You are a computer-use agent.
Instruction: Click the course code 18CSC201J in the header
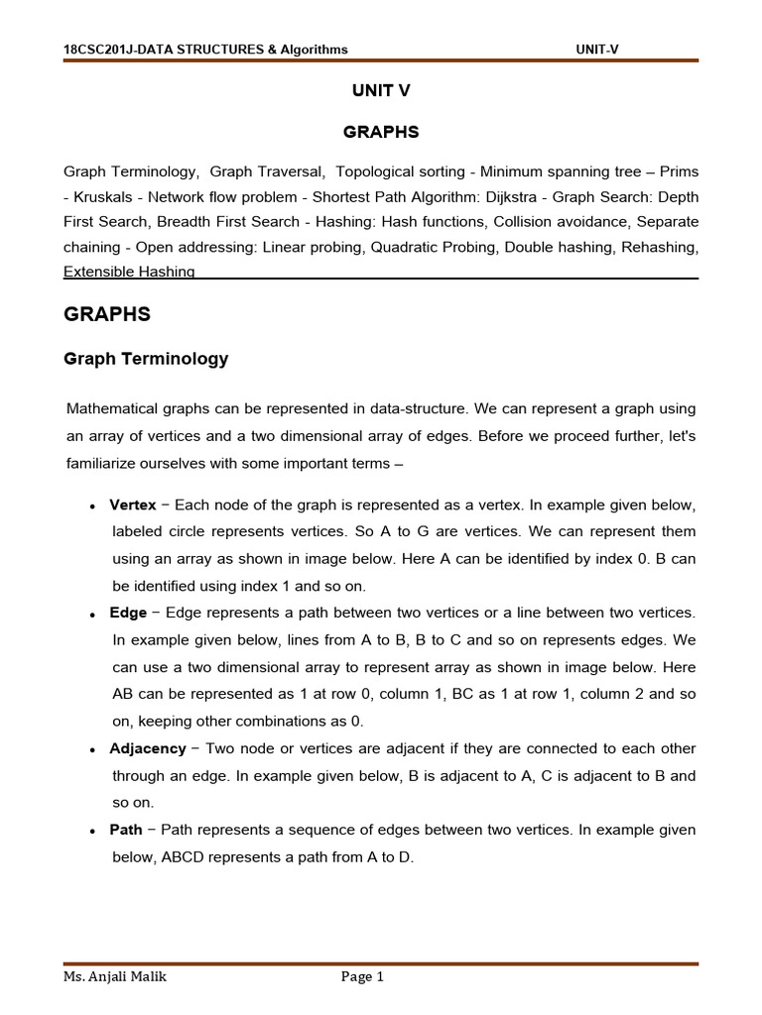97,50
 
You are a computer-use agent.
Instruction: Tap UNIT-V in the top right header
597,50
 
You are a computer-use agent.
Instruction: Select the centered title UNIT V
381,90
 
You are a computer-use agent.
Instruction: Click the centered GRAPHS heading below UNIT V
381,132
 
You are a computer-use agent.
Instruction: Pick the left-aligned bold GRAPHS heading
107,314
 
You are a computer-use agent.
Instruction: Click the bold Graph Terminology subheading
146,359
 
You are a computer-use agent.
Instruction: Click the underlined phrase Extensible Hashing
129,272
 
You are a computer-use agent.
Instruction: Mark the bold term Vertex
133,506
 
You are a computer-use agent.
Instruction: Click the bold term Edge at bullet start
128,614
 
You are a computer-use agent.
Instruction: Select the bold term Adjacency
147,748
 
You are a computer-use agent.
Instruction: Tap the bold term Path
126,830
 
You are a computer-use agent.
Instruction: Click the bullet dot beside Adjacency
91,749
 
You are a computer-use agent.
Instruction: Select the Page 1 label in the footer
362,977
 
